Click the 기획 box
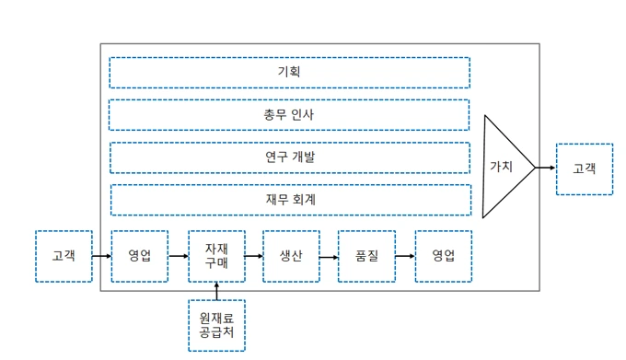click(x=289, y=73)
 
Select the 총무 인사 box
click(x=289, y=115)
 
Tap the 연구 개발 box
click(x=289, y=157)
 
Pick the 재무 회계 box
click(x=289, y=200)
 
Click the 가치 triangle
click(x=504, y=167)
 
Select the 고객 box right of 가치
click(x=585, y=168)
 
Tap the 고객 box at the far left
click(x=64, y=256)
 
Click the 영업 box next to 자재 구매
click(x=140, y=256)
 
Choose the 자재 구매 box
click(x=216, y=256)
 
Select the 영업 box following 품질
click(x=443, y=256)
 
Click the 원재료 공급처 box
click(x=216, y=325)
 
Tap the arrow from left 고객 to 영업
click(x=102, y=256)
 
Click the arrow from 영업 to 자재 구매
click(x=179, y=256)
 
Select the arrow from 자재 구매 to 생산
click(x=254, y=256)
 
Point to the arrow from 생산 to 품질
click(x=330, y=256)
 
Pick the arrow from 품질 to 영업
click(x=405, y=256)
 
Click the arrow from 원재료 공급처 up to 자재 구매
click(x=216, y=291)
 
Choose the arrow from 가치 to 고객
click(x=546, y=168)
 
